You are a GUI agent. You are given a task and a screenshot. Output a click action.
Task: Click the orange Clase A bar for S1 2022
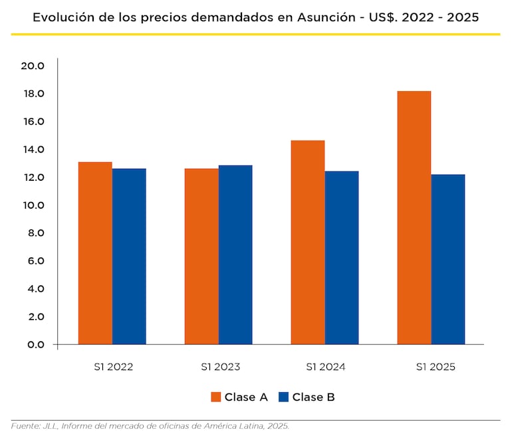tap(95, 253)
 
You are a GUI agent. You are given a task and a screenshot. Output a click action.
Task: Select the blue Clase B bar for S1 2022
tap(129, 257)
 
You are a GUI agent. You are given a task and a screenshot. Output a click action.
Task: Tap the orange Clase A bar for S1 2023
tap(201, 257)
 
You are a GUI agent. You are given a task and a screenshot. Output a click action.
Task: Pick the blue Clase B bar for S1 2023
tap(235, 255)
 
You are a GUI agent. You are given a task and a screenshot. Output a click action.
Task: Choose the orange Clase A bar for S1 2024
tap(308, 243)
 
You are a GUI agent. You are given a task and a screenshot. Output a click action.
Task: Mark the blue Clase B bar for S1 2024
tap(342, 258)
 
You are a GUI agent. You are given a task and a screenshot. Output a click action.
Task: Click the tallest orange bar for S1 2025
tap(414, 218)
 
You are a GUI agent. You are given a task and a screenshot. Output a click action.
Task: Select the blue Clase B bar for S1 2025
tap(448, 259)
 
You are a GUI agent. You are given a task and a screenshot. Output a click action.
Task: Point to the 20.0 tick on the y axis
tap(33, 66)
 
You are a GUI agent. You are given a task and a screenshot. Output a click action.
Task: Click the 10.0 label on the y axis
tap(33, 205)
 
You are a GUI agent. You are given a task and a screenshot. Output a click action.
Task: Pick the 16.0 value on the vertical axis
tap(33, 122)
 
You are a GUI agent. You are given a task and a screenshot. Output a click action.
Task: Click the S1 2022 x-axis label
tap(112, 367)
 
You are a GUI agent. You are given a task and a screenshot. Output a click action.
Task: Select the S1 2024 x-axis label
tap(325, 367)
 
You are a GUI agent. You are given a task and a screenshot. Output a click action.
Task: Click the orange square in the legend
tap(215, 397)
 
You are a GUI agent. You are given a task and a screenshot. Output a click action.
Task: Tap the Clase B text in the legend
tap(313, 397)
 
